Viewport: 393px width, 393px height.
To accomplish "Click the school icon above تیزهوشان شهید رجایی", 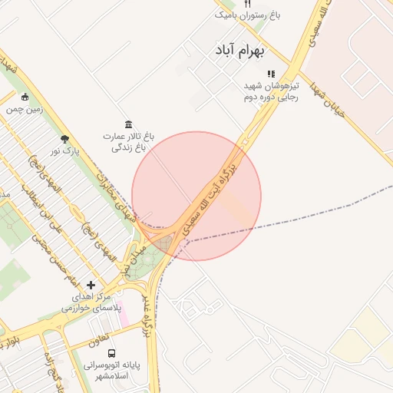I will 270,74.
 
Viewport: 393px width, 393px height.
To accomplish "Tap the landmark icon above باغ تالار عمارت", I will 128,124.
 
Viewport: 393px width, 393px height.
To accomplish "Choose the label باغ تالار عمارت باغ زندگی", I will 128,141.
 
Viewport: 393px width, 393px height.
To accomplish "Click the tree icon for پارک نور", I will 64,139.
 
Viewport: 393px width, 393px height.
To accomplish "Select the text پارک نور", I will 64,152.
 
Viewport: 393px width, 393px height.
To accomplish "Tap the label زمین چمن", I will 25,109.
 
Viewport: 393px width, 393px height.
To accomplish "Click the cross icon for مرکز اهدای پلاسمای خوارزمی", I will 91,285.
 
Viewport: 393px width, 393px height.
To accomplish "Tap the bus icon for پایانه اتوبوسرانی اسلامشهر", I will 112,354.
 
